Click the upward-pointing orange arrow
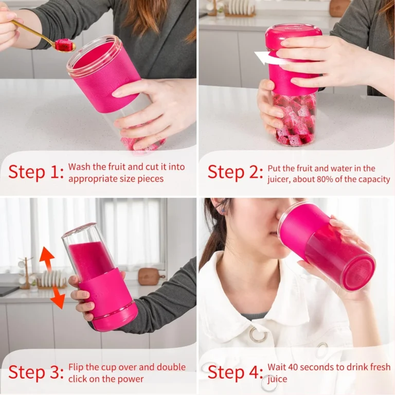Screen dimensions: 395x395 (x=47, y=259)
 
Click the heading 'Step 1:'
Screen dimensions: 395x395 (x=36, y=173)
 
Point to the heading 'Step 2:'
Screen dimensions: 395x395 (x=235, y=173)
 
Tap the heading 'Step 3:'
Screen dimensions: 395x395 (x=36, y=372)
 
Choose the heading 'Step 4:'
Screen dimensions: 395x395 (x=235, y=372)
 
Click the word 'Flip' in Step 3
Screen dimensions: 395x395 (x=76, y=367)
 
